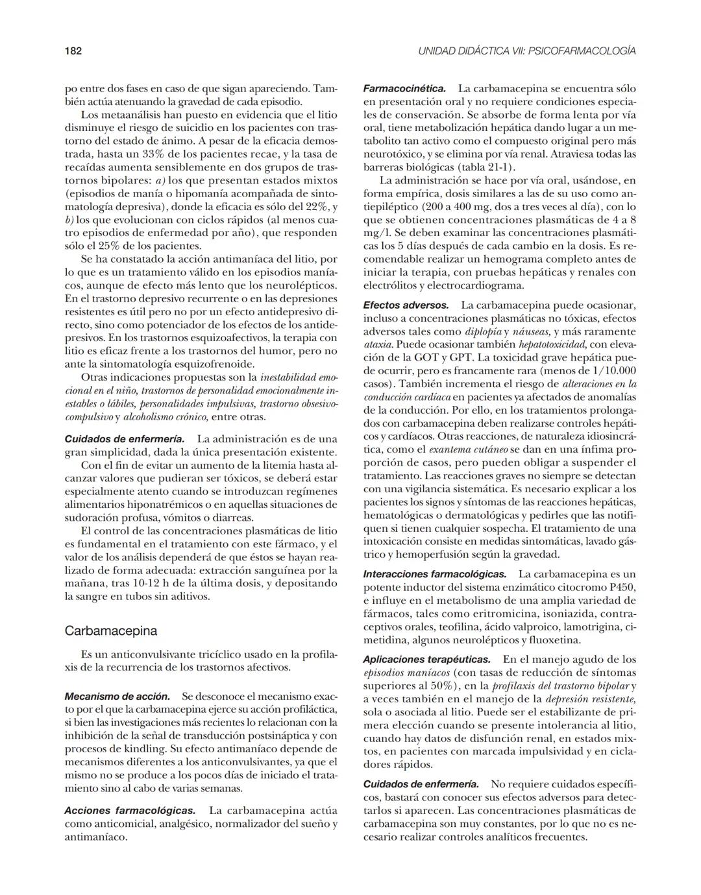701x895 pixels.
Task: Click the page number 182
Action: (x=73, y=51)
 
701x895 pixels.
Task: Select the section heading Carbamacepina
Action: (x=110, y=630)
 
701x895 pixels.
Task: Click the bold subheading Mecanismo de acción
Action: (x=117, y=696)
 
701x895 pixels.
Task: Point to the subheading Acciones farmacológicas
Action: (x=130, y=811)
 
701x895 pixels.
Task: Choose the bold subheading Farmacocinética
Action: (x=404, y=88)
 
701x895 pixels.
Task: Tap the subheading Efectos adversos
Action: (x=406, y=305)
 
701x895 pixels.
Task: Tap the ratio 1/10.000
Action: (x=609, y=370)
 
